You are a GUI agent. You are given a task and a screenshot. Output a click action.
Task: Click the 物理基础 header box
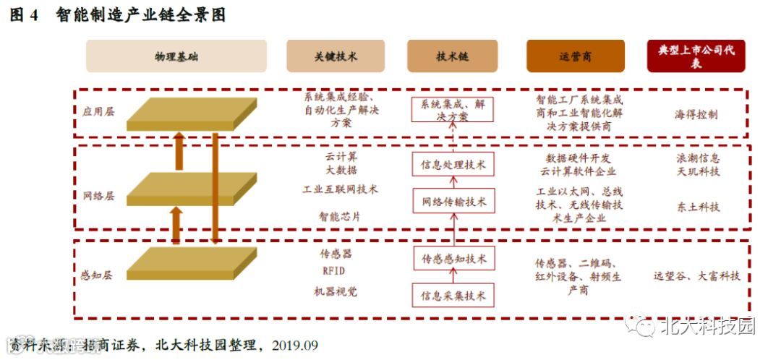pos(176,56)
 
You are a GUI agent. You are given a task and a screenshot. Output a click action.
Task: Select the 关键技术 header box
pos(335,56)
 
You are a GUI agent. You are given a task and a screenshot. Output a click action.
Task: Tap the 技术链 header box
pos(452,56)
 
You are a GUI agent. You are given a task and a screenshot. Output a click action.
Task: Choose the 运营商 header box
pos(575,56)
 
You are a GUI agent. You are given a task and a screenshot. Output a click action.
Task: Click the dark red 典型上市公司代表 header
pos(696,56)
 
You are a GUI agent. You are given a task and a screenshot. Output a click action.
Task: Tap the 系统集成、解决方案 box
pos(453,109)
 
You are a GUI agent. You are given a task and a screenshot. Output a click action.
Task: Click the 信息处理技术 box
pos(453,165)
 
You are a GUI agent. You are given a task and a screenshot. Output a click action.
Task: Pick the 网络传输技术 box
pos(453,200)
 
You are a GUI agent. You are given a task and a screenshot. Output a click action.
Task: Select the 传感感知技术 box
pos(453,258)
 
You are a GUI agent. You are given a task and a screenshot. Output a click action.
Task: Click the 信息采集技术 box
pos(453,295)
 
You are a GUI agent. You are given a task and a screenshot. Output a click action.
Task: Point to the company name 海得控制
pos(696,115)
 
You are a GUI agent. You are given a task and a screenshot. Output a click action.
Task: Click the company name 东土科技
pos(699,207)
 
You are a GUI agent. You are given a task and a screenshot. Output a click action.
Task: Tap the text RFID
pos(333,271)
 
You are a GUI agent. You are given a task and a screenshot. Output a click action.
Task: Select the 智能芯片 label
pos(339,215)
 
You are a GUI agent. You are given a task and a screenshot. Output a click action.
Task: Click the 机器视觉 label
pos(335,291)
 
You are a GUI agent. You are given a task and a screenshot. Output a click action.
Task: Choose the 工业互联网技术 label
pos(340,189)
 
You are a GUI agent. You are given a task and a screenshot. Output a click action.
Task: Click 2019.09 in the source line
pos(294,345)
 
